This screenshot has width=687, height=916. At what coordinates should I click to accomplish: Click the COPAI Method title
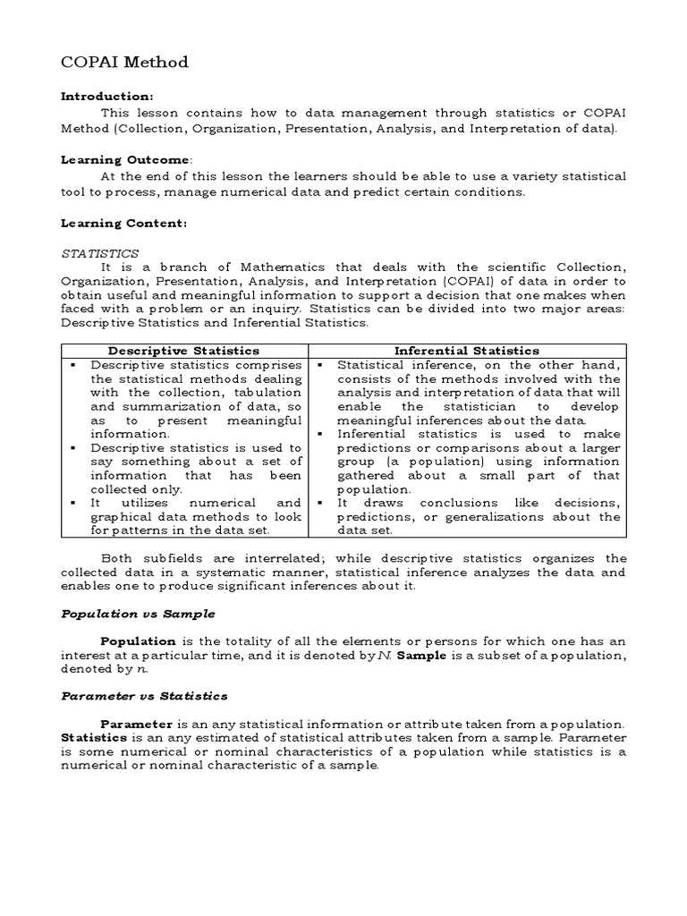point(124,62)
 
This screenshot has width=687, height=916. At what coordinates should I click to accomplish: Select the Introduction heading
point(106,96)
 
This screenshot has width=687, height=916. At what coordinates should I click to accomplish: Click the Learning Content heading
point(123,223)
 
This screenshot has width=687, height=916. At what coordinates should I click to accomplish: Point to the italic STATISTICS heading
point(99,254)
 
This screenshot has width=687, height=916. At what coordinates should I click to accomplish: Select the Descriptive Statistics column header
point(184,351)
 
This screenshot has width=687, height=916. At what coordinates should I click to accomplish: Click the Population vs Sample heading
point(137,615)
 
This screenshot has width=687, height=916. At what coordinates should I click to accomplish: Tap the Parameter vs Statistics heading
point(144,695)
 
